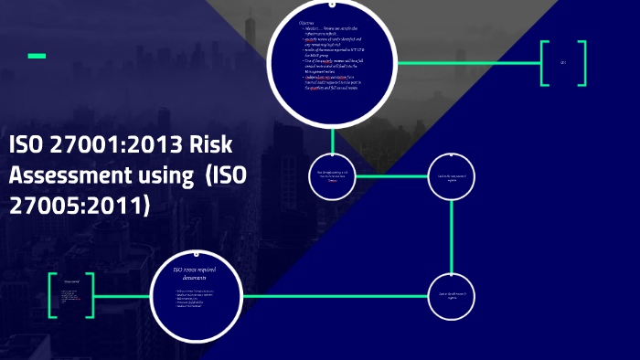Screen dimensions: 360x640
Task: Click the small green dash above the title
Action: pos(37,57)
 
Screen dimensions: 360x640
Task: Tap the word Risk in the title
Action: pos(211,146)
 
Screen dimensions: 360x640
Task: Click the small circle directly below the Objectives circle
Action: pos(333,175)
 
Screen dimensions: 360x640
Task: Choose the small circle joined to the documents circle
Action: pos(452,296)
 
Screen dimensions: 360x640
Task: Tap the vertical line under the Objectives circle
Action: pos(333,137)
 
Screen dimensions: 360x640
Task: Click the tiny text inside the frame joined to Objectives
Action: pos(563,62)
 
